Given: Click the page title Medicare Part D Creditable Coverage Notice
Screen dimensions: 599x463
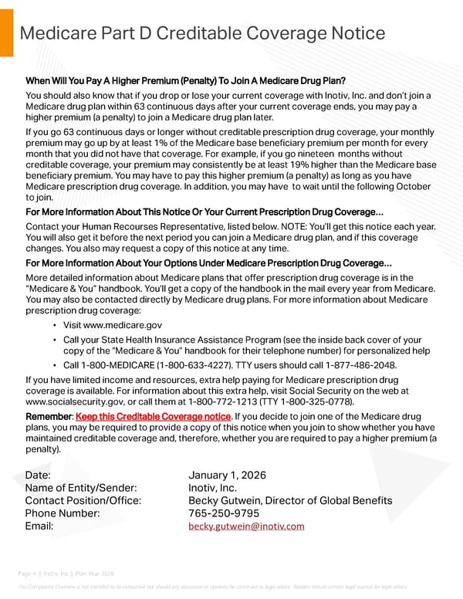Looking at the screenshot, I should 202,32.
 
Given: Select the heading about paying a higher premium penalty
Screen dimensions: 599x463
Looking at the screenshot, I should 185,81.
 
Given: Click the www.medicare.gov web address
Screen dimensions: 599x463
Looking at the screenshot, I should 113,326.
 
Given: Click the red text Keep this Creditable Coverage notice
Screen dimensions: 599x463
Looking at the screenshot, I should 154,417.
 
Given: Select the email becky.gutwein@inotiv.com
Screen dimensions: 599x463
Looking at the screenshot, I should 246,526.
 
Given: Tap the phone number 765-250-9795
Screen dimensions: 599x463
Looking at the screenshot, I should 224,513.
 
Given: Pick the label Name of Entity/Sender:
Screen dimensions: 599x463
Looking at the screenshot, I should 81,487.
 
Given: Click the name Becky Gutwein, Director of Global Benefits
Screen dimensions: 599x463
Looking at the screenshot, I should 290,500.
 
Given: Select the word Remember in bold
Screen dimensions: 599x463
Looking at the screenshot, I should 49,417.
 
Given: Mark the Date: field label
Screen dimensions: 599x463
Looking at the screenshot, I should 38,475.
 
